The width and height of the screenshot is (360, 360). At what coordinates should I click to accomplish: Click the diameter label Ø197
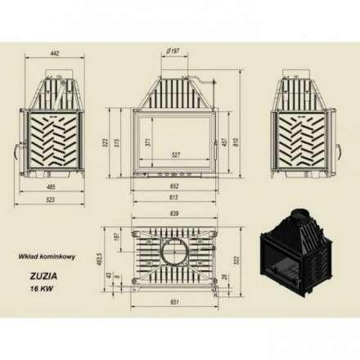(x=172, y=51)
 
